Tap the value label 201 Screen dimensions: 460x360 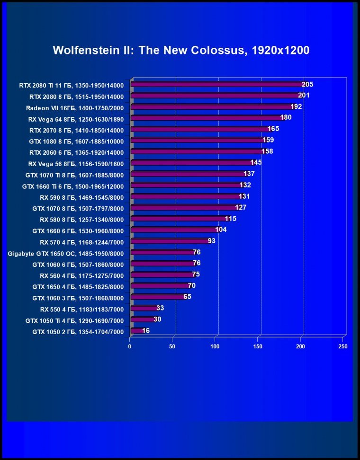(x=304, y=96)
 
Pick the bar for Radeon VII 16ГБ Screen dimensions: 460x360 (x=211, y=107)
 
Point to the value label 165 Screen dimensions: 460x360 (x=273, y=129)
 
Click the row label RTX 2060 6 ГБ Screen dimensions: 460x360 (x=76, y=152)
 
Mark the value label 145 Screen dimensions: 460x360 (x=256, y=162)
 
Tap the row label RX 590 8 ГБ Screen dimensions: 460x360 (x=81, y=197)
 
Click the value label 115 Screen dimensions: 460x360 (x=231, y=219)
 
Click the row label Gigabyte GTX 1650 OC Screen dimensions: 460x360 (x=66, y=253)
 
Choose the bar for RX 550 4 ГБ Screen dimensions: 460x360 (x=144, y=308)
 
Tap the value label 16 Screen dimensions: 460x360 (x=146, y=330)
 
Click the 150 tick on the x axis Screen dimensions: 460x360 (x=258, y=346)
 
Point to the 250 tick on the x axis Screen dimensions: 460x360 (x=343, y=346)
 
